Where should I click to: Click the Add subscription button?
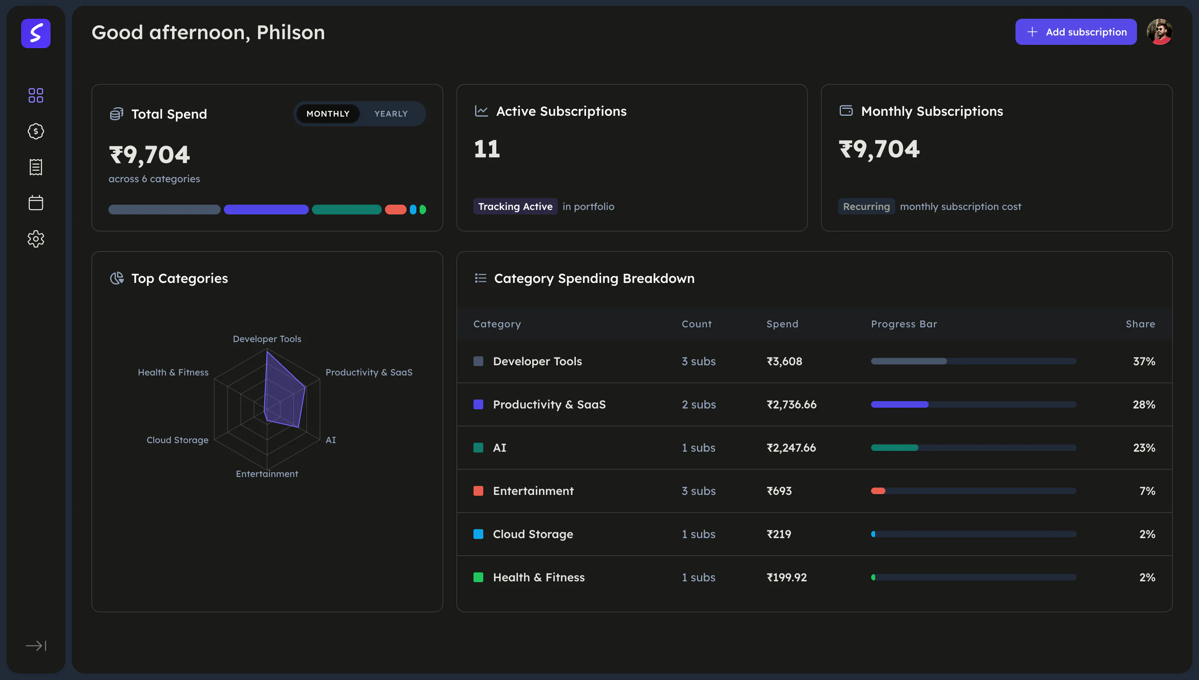click(1076, 32)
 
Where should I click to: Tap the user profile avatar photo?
click(1159, 32)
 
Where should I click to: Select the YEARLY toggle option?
click(391, 113)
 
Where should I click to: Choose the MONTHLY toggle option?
click(328, 113)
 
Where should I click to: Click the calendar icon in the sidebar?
click(36, 203)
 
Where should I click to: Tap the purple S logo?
click(36, 33)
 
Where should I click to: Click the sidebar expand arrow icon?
click(36, 645)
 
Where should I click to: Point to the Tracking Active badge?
click(515, 206)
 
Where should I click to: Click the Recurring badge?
click(867, 206)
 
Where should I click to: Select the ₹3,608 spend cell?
click(784, 361)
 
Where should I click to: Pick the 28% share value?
click(1144, 404)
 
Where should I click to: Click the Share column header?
click(1140, 324)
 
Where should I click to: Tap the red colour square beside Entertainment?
click(478, 491)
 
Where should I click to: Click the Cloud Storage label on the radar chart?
click(177, 440)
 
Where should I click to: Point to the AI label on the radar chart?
click(331, 440)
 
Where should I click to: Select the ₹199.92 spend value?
click(787, 577)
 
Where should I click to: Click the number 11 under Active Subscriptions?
click(487, 149)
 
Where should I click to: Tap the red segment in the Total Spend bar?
click(396, 210)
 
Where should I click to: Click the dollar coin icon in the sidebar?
click(36, 131)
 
